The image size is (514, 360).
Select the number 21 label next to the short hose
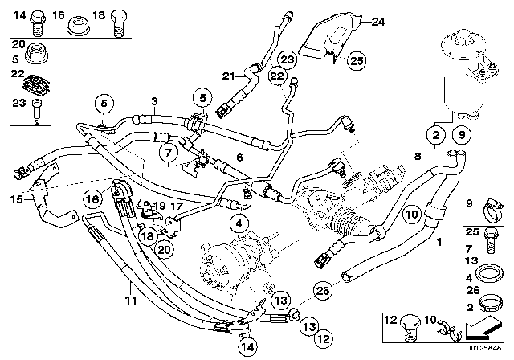point(228,76)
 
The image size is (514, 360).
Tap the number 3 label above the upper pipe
point(154,102)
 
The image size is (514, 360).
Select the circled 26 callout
point(322,290)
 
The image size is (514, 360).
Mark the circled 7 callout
point(166,151)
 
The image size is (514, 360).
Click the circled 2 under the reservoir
point(435,134)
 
